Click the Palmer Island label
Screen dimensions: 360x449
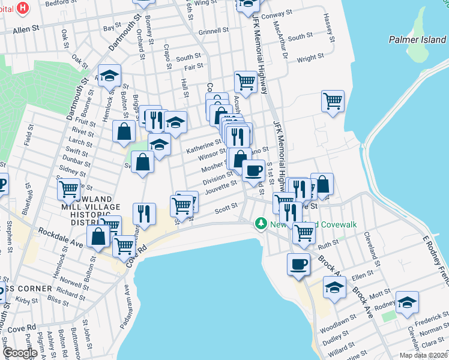(x=417, y=40)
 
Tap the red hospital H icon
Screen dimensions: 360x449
(x=23, y=8)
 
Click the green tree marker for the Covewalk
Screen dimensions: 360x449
(x=261, y=224)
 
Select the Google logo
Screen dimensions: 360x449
(x=20, y=353)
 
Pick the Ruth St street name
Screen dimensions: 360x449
(x=328, y=245)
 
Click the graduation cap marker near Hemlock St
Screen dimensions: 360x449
(x=109, y=76)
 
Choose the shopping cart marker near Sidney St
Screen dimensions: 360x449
(x=69, y=188)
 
